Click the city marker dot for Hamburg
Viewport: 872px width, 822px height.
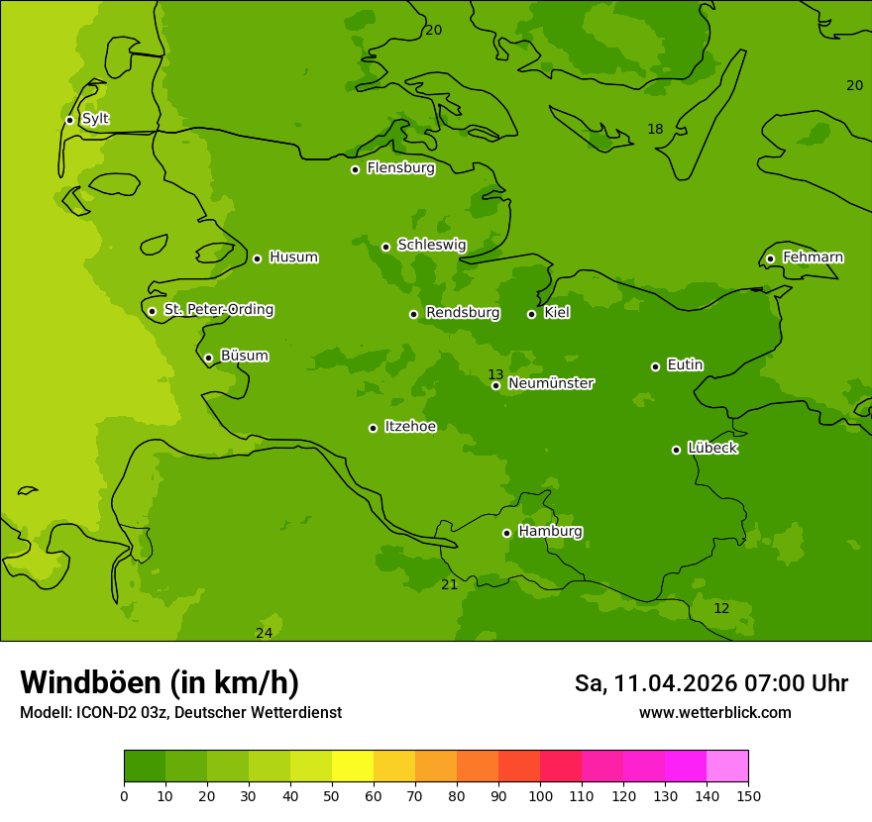(x=506, y=533)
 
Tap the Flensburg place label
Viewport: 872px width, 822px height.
(x=400, y=168)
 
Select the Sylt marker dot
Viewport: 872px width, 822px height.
(x=69, y=120)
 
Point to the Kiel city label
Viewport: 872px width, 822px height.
(x=556, y=313)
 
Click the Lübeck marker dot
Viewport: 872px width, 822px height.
(x=676, y=450)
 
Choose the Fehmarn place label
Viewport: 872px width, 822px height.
(x=813, y=257)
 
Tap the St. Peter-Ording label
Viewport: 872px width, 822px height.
(x=218, y=310)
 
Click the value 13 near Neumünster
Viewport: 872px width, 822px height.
(x=495, y=374)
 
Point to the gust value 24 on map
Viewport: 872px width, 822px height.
(x=264, y=633)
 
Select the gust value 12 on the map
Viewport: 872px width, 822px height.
(x=721, y=608)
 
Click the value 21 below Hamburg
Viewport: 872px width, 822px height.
(x=449, y=584)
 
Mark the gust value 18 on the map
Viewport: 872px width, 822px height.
(x=655, y=129)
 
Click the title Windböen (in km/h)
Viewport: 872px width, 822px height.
(x=160, y=682)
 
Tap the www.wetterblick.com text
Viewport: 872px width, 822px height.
(x=714, y=713)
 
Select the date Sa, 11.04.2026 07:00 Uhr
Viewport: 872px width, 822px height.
(x=710, y=683)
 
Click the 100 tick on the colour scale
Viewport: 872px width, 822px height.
(x=540, y=795)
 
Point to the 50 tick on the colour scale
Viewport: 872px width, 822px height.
(x=332, y=795)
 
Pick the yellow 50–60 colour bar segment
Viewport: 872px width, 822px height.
(x=353, y=767)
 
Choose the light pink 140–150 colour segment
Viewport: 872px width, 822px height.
(x=727, y=767)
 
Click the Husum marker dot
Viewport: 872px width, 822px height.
(x=257, y=258)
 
